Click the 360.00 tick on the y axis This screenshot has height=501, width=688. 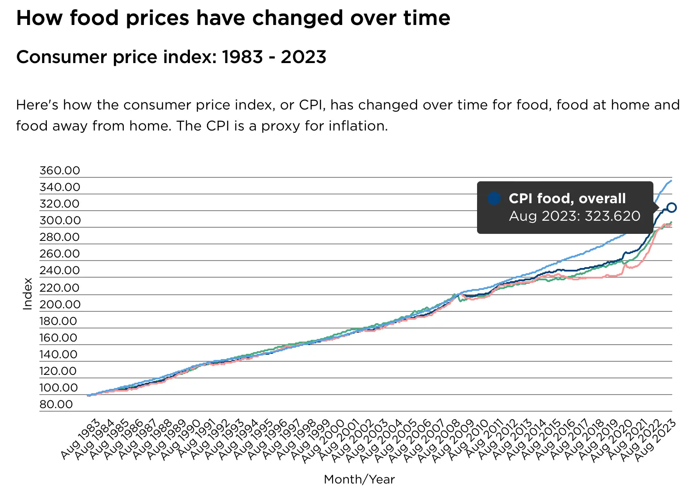(x=60, y=170)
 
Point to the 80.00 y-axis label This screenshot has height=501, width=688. (x=56, y=404)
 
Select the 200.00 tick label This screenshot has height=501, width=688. (x=60, y=304)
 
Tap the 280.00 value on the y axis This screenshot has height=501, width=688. (x=60, y=237)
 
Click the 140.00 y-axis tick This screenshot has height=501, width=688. (x=58, y=354)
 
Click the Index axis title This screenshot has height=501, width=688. (x=28, y=294)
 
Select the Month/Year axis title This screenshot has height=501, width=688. (x=359, y=480)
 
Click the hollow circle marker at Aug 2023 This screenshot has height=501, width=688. (x=671, y=208)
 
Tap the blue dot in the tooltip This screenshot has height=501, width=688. (x=494, y=198)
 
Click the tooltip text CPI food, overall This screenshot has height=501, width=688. (x=567, y=198)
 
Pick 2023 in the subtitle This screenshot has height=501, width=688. (x=303, y=57)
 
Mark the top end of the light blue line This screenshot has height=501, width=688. (x=671, y=180)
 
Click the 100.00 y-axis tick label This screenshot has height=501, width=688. (x=59, y=388)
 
